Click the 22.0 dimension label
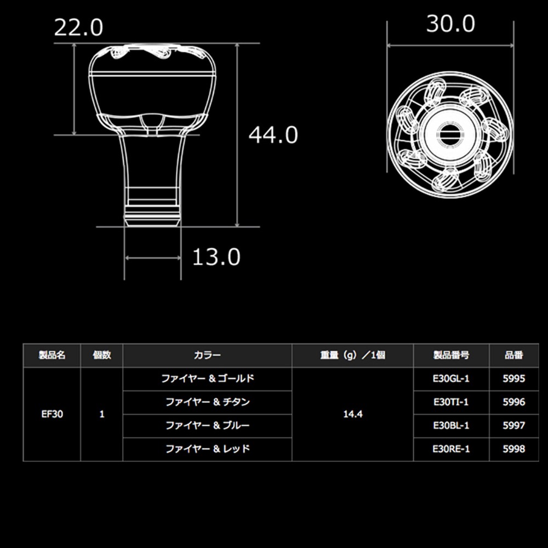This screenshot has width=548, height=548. (x=78, y=28)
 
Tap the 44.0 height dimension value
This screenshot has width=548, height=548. (x=273, y=135)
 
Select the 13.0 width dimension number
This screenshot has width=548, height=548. (x=216, y=256)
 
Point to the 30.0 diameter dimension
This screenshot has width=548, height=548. (x=450, y=24)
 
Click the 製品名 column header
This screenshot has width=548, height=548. (x=52, y=355)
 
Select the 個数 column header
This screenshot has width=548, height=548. (x=102, y=355)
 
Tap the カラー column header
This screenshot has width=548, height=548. (x=207, y=355)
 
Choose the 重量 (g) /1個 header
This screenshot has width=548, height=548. (x=352, y=355)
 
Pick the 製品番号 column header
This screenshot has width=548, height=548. (x=451, y=355)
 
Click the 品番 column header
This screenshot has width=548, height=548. (x=513, y=355)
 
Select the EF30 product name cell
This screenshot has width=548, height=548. (x=52, y=414)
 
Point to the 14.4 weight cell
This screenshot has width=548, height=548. (x=352, y=414)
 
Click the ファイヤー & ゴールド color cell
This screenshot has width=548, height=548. (x=207, y=379)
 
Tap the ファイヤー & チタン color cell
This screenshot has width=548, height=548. (x=207, y=402)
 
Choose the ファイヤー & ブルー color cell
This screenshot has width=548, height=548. (x=207, y=425)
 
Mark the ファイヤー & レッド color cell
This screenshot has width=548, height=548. (x=207, y=449)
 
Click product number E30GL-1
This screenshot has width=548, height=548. (x=451, y=379)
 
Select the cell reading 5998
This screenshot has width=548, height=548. (x=513, y=449)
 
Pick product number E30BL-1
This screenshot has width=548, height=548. (x=451, y=425)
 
